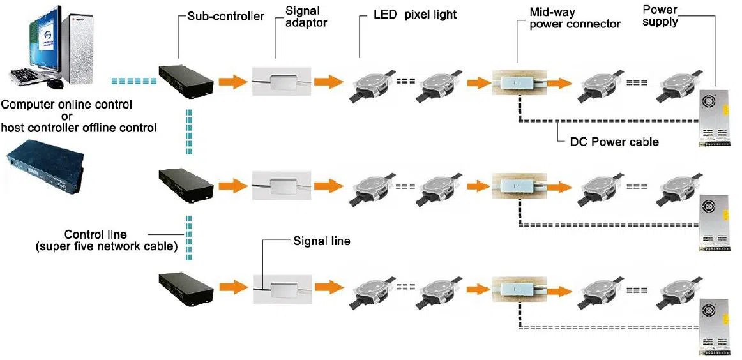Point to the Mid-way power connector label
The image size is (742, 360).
click(x=574, y=18)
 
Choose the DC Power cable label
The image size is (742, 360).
click(x=614, y=142)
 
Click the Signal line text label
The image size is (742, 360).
click(x=322, y=241)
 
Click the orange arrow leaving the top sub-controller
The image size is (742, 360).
click(x=232, y=82)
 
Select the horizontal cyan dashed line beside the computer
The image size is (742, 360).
click(x=133, y=82)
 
